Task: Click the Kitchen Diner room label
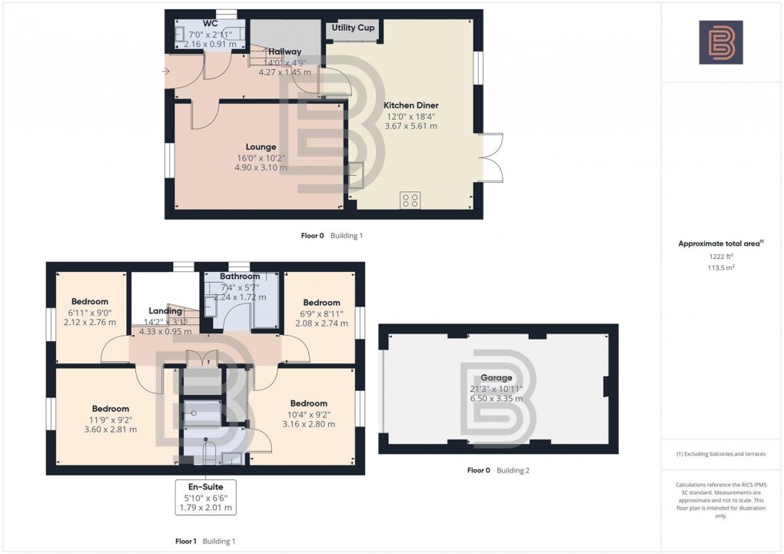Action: tap(411, 105)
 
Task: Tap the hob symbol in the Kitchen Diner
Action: tap(410, 201)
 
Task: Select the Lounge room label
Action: tap(261, 147)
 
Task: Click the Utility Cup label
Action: tap(353, 28)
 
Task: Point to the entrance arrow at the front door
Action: tap(166, 72)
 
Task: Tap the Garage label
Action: tap(496, 378)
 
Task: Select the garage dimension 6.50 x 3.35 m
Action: tap(496, 398)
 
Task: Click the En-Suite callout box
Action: tap(204, 497)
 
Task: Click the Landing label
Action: tap(164, 311)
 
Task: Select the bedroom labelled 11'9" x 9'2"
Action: tap(110, 408)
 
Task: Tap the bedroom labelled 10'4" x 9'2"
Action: tap(308, 403)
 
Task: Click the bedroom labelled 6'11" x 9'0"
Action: tap(89, 302)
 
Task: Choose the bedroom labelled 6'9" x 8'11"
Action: tap(321, 303)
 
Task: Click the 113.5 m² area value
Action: tap(720, 269)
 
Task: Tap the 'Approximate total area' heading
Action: tap(720, 244)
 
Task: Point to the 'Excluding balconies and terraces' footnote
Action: tap(720, 454)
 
